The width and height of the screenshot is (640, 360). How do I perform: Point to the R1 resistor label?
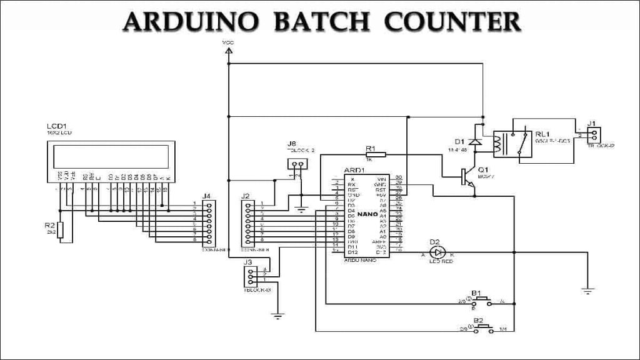click(370, 148)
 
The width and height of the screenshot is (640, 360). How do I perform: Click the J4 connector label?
click(208, 196)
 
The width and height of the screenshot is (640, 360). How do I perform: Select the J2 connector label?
click(246, 196)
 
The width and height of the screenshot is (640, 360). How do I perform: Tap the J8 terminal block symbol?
click(297, 165)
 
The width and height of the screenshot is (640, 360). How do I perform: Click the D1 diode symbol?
click(476, 141)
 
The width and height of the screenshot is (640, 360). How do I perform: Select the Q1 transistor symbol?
click(467, 177)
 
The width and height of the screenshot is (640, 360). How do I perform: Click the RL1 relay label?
click(542, 134)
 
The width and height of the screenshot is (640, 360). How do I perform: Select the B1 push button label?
click(476, 292)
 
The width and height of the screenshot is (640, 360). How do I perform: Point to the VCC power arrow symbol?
click(229, 49)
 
